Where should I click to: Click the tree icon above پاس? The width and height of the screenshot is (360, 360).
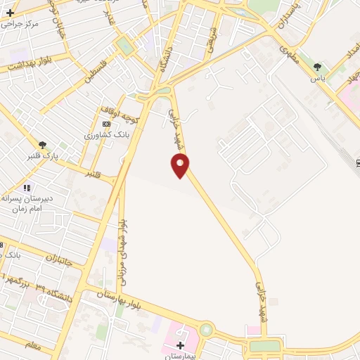pyautogui.click(x=318, y=67)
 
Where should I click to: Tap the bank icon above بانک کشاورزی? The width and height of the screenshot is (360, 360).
pyautogui.click(x=106, y=124)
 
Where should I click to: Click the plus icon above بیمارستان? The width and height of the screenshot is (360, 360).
pyautogui.click(x=181, y=346)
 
